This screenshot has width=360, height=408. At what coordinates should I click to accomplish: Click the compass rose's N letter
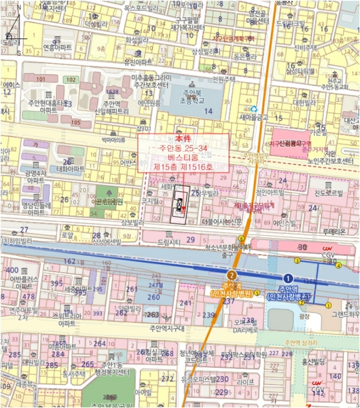click(19, 7)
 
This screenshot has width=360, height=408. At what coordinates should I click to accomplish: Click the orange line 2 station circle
click(232, 275)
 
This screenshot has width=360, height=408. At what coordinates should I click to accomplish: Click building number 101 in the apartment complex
click(40, 79)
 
